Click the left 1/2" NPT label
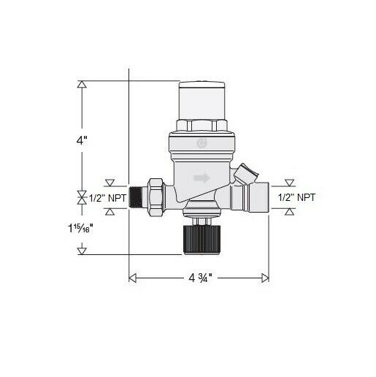104,197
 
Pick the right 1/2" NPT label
298,197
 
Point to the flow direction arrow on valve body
201,178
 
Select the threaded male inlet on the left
137,197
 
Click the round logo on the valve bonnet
201,145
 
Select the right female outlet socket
256,197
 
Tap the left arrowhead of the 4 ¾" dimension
133,278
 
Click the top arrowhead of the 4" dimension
82,84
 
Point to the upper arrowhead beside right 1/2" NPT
290,181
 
